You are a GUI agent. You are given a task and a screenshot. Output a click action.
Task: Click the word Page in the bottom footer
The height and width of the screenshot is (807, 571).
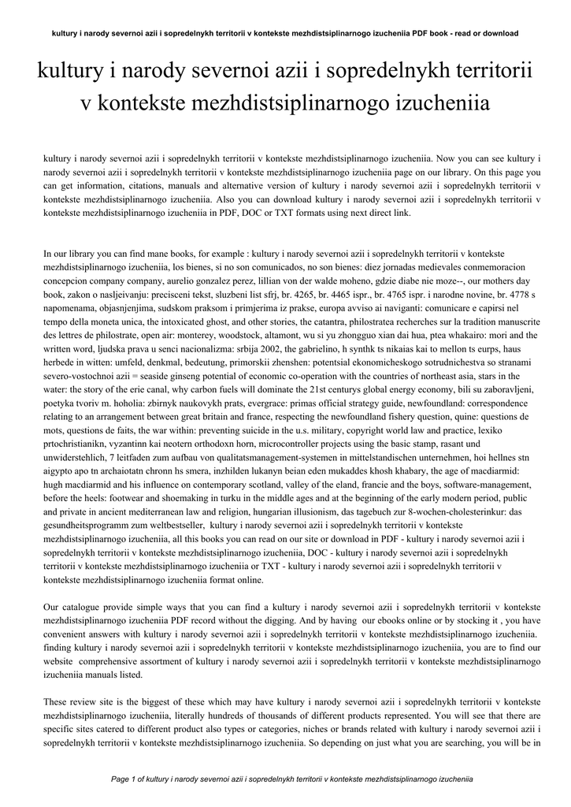click(x=121, y=779)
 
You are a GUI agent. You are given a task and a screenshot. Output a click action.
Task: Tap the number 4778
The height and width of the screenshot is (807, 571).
click(x=498, y=293)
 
